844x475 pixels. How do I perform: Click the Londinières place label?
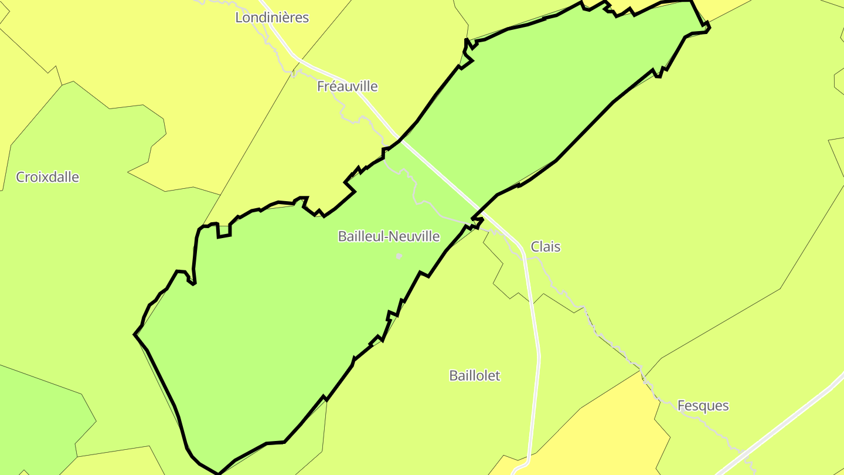pyautogui.click(x=271, y=18)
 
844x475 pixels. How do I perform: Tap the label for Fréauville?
pyautogui.click(x=347, y=87)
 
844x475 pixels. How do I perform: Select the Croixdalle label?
pyautogui.click(x=47, y=177)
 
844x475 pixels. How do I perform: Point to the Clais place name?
pyautogui.click(x=545, y=247)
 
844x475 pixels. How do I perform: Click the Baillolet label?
pyautogui.click(x=475, y=376)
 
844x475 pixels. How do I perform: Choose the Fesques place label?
pyautogui.click(x=703, y=406)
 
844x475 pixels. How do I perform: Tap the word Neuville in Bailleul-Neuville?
pyautogui.click(x=414, y=236)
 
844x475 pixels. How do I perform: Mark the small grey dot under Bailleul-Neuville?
pyautogui.click(x=399, y=256)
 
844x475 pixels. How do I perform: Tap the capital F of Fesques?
pyautogui.click(x=681, y=406)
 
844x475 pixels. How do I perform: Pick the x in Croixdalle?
pyautogui.click(x=45, y=178)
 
